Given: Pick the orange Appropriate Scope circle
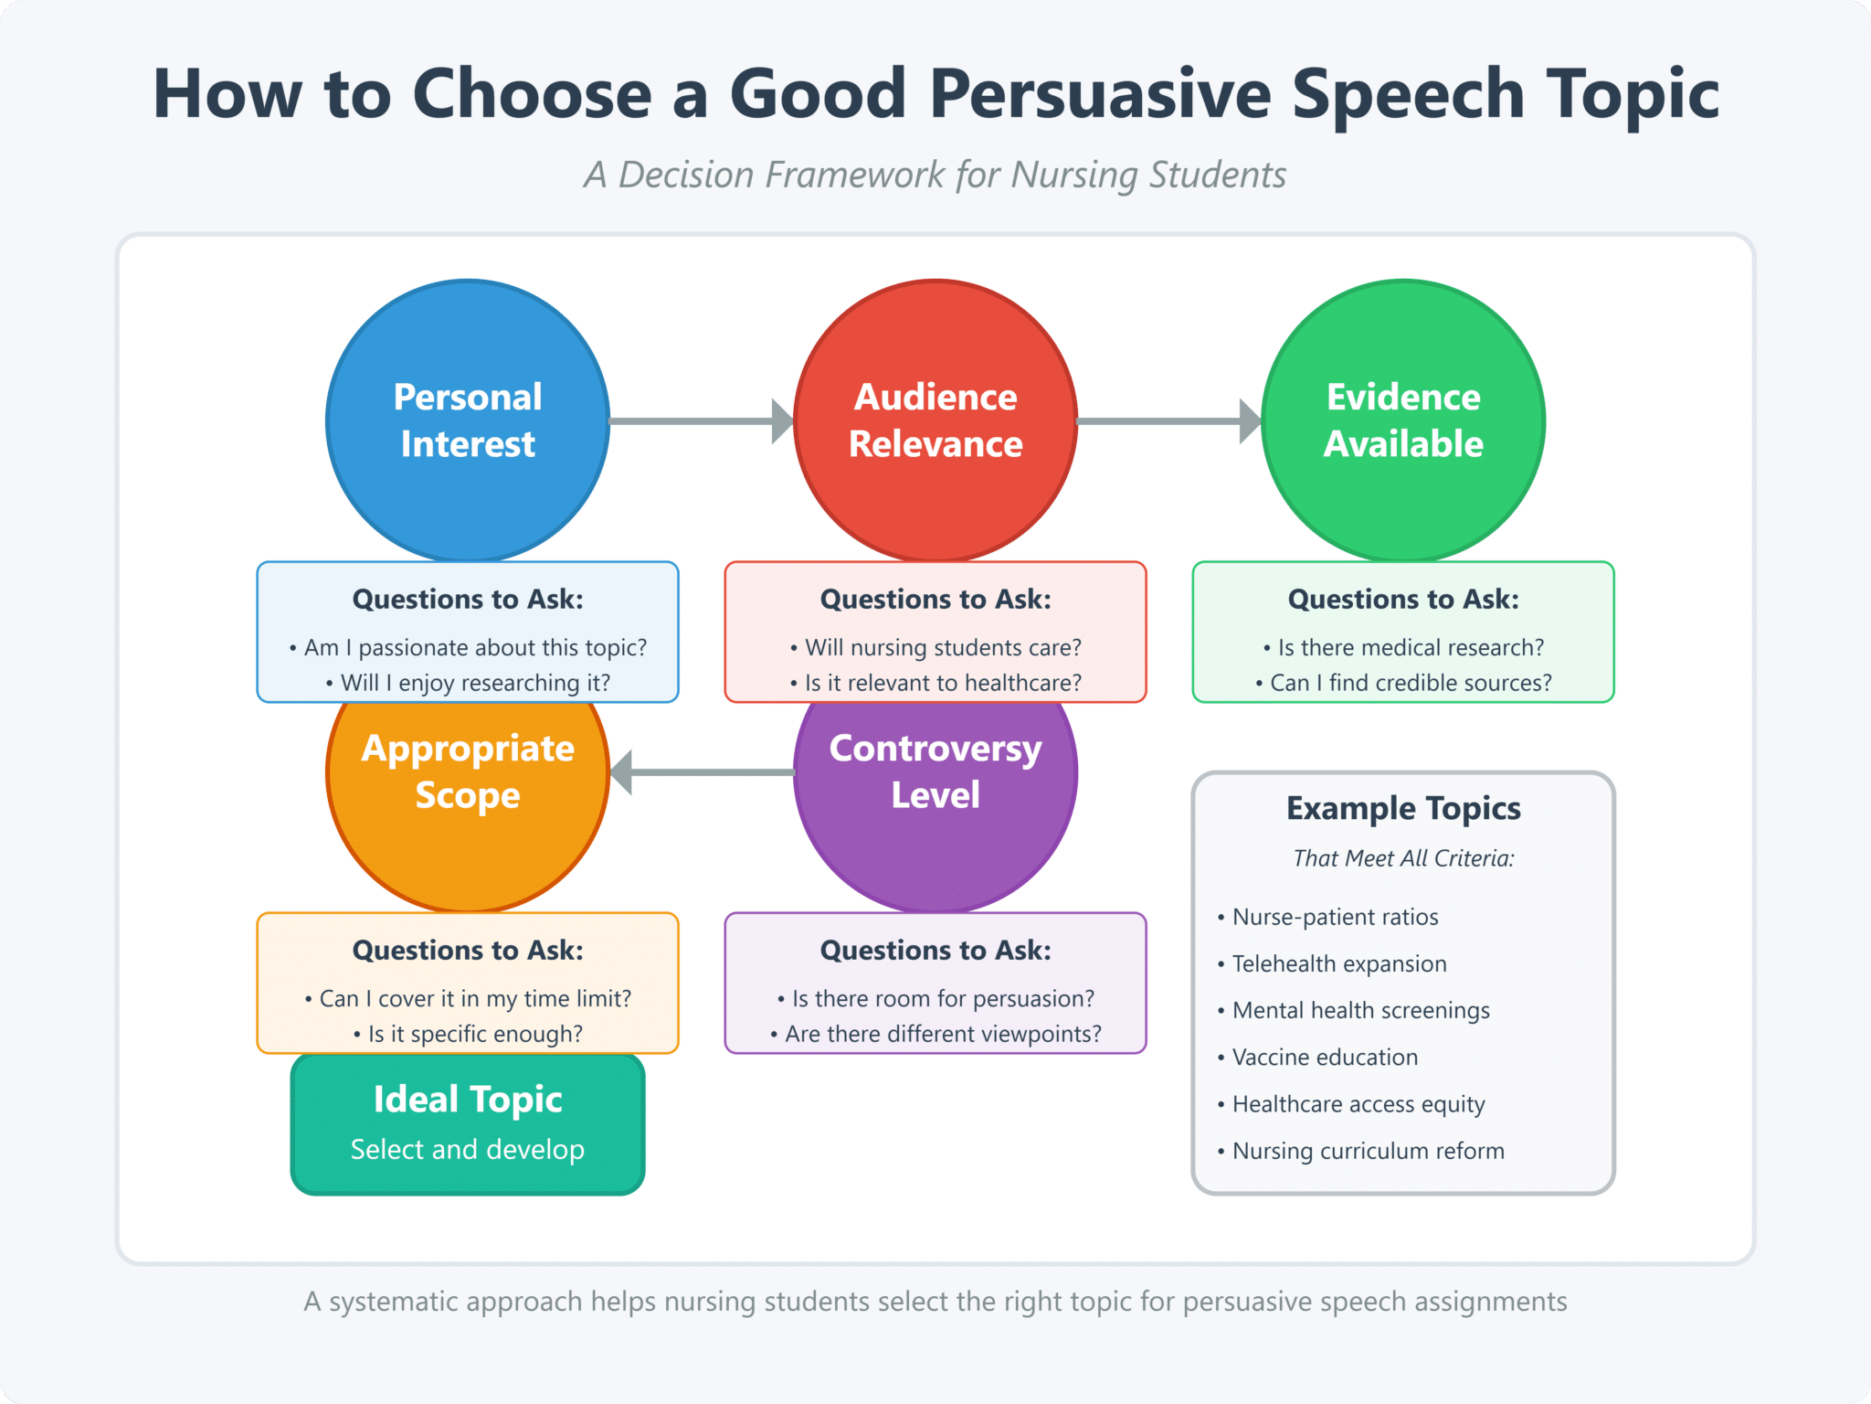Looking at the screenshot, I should pyautogui.click(x=467, y=850).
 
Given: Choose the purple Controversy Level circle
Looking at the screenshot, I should pyautogui.click(x=935, y=850).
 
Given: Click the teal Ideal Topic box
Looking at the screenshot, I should pyautogui.click(x=467, y=1124).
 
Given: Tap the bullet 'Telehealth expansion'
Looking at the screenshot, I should pyautogui.click(x=1338, y=963).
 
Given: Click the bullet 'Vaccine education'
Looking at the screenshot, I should pyautogui.click(x=1325, y=1058).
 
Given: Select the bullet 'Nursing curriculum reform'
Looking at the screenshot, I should pyautogui.click(x=1368, y=1151).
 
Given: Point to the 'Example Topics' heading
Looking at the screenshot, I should pyautogui.click(x=1402, y=809).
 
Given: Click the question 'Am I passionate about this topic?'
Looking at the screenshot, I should pyautogui.click(x=474, y=648).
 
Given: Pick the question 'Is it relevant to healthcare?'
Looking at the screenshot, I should pyautogui.click(x=942, y=683).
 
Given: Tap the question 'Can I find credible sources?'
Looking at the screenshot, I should pyautogui.click(x=1410, y=683).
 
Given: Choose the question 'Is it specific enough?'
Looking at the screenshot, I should pyautogui.click(x=474, y=1034).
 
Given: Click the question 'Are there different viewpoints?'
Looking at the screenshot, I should pyautogui.click(x=942, y=1034).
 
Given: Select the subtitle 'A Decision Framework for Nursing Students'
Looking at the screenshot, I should pyautogui.click(x=935, y=175).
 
